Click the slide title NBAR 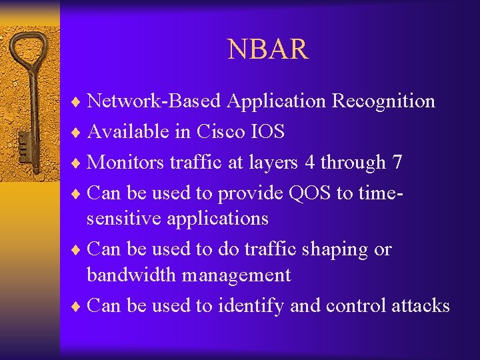click(x=268, y=49)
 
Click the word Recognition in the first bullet click(x=383, y=101)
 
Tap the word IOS click(x=267, y=132)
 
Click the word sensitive click(x=128, y=219)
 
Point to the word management click(x=238, y=275)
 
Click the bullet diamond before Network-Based click(x=77, y=102)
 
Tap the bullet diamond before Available click(x=77, y=133)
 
